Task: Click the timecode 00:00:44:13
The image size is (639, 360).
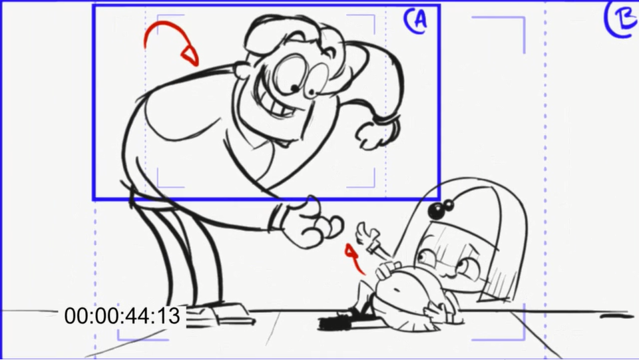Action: (122, 316)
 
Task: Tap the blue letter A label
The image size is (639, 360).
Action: (416, 21)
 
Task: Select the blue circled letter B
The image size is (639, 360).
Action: (622, 19)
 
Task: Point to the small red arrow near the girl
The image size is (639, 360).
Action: (353, 258)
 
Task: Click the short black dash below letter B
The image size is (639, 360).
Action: (615, 316)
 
